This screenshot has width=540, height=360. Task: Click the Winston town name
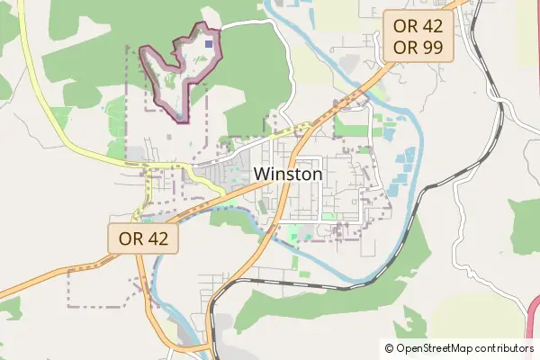point(287,174)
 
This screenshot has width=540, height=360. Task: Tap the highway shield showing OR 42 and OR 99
point(418,36)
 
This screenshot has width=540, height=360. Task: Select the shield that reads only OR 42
point(144,238)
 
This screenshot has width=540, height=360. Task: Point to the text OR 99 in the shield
point(418,48)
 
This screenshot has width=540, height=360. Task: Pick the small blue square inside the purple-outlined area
point(210,41)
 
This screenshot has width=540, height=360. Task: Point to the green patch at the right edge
point(526,220)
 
